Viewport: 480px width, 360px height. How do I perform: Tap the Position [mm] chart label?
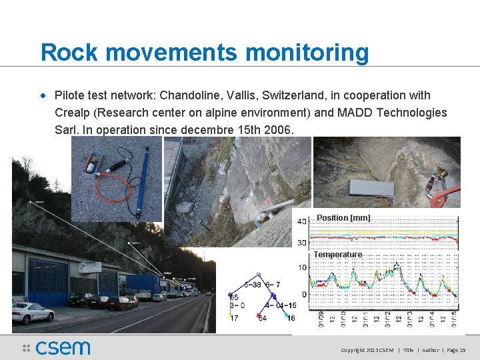pos(343,218)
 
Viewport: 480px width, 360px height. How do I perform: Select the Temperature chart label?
pos(338,255)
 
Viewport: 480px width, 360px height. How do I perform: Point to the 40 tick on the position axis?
pos(301,221)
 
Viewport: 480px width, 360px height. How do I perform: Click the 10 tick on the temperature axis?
pos(302,268)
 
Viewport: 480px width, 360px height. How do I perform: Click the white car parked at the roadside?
pos(32,311)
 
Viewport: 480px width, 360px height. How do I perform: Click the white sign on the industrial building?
pos(90,267)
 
